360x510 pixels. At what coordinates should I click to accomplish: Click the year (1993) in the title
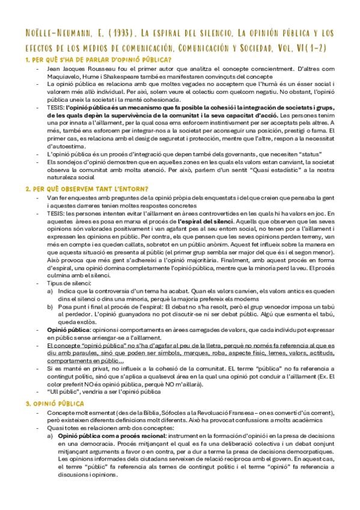(134, 32)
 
